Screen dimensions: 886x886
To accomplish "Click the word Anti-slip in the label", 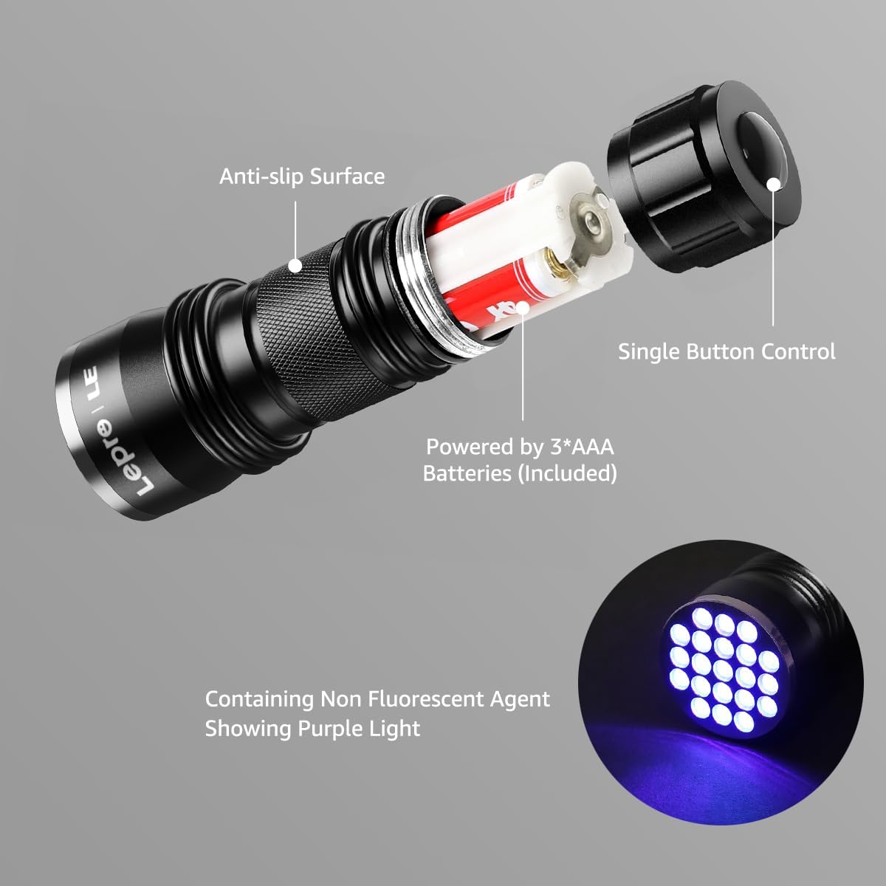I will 261,176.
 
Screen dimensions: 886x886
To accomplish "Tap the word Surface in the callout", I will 347,176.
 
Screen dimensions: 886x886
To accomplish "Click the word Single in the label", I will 648,351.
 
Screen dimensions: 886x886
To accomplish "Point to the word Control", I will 798,351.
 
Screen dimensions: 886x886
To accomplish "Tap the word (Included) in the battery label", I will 567,473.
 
